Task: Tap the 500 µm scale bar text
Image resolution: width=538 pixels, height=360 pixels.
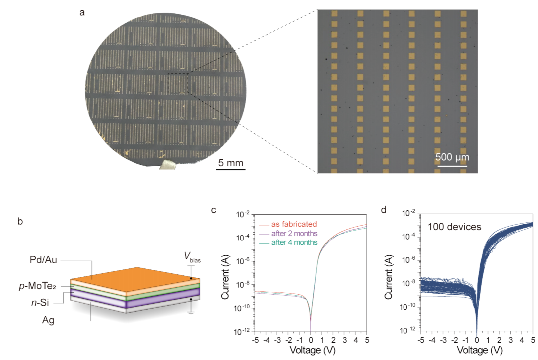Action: click(452, 157)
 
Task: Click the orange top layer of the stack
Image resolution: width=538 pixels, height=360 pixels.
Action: click(134, 276)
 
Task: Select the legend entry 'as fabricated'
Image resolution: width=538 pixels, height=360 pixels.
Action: click(294, 224)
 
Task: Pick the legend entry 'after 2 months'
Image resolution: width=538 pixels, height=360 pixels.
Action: click(294, 234)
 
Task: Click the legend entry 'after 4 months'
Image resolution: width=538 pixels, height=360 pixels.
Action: click(294, 243)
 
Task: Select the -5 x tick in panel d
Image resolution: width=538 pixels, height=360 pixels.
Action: click(421, 340)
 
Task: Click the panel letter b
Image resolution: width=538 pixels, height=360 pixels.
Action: click(20, 221)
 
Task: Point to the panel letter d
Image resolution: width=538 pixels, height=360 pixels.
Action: click(384, 209)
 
